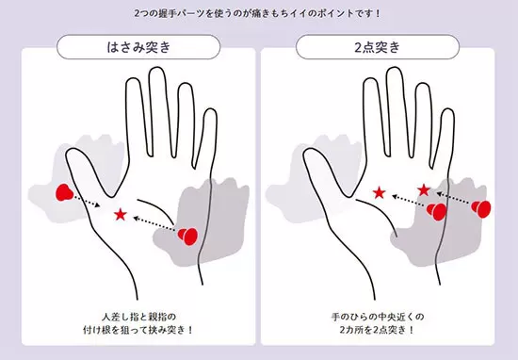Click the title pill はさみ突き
point(138,47)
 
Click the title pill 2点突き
point(378,47)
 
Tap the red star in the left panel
point(121,215)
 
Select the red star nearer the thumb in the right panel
point(380,193)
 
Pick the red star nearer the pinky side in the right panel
point(424,190)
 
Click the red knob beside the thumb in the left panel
point(64,193)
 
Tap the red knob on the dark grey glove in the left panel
point(187,236)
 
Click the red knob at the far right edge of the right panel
point(481,208)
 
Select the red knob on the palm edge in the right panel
point(436,211)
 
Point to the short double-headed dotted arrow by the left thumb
point(87,201)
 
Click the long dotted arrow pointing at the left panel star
point(154,223)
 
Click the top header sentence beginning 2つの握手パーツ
point(258,13)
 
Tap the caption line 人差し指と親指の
point(138,317)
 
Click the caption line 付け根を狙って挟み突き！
point(138,330)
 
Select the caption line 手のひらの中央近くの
point(378,317)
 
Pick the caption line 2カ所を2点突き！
point(377,330)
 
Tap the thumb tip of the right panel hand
point(308,151)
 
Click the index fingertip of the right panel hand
point(370,80)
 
